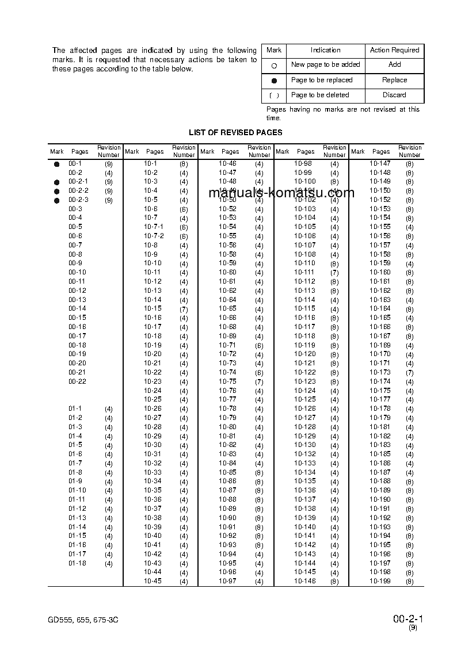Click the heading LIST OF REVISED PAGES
pyautogui.click(x=235, y=132)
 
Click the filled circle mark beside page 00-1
pyautogui.click(x=56, y=164)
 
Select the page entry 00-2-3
pyautogui.click(x=78, y=200)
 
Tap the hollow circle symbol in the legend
pyautogui.click(x=274, y=66)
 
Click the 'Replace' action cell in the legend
pyautogui.click(x=394, y=80)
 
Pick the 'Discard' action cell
pyautogui.click(x=394, y=95)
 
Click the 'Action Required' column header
pyautogui.click(x=394, y=50)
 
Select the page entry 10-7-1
pyautogui.click(x=154, y=227)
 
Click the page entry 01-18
pyautogui.click(x=77, y=563)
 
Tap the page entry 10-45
pyautogui.click(x=153, y=581)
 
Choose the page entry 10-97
pyautogui.click(x=227, y=581)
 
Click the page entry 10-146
pyautogui.click(x=305, y=581)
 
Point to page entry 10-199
pyautogui.click(x=380, y=581)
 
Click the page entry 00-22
pyautogui.click(x=77, y=381)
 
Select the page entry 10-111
pyautogui.click(x=305, y=272)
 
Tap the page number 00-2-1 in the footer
pyautogui.click(x=408, y=619)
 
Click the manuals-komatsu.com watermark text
pyautogui.click(x=281, y=193)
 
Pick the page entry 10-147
pyautogui.click(x=380, y=163)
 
